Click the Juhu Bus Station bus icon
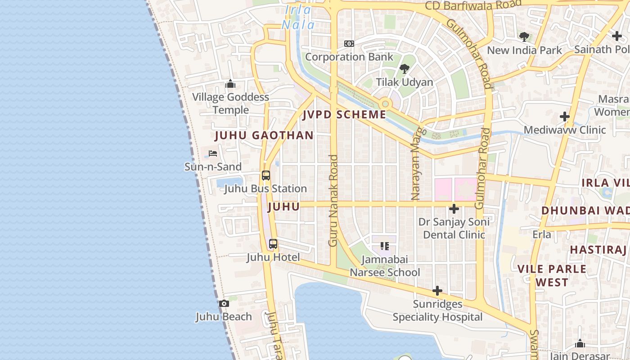point(266,175)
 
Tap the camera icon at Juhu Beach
point(224,304)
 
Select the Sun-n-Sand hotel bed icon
point(213,153)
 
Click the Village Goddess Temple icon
point(230,84)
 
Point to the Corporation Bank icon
point(349,44)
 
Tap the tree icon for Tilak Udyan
point(405,69)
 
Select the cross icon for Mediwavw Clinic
point(565,117)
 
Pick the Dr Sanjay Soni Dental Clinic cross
point(454,209)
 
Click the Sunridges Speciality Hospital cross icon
point(437,291)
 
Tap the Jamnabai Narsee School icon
point(385,246)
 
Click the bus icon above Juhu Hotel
point(273,244)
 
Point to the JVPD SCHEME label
point(344,114)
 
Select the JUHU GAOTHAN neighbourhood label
point(264,135)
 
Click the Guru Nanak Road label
point(333,200)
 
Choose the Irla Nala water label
point(298,17)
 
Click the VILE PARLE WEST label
point(552,275)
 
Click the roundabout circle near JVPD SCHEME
point(385,104)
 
